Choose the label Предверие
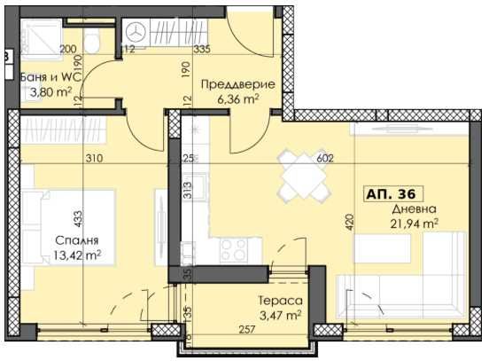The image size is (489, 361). [237, 84]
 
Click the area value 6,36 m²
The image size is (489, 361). [237, 99]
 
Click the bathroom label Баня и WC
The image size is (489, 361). [51, 75]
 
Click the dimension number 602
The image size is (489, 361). [325, 159]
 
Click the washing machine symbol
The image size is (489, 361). [136, 29]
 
